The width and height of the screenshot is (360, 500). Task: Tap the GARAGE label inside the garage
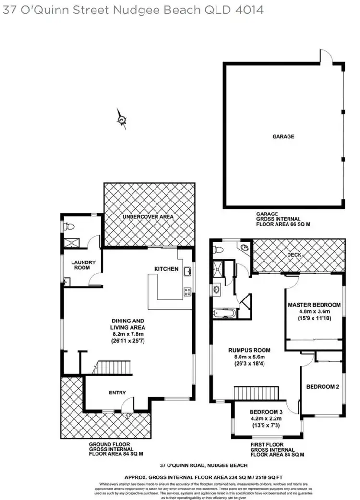[x=283, y=136]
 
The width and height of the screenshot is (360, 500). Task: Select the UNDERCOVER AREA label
[x=148, y=217]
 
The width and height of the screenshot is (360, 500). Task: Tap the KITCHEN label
[x=166, y=269]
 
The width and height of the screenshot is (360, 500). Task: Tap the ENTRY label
[x=117, y=393]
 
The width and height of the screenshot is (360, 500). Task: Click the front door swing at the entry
[x=126, y=405]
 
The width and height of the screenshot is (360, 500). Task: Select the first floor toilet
[x=218, y=249]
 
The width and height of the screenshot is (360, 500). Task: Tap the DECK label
[x=294, y=255]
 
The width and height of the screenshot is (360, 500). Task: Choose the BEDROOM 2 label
[x=323, y=387]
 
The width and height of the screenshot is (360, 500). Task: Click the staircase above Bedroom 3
[x=256, y=393]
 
